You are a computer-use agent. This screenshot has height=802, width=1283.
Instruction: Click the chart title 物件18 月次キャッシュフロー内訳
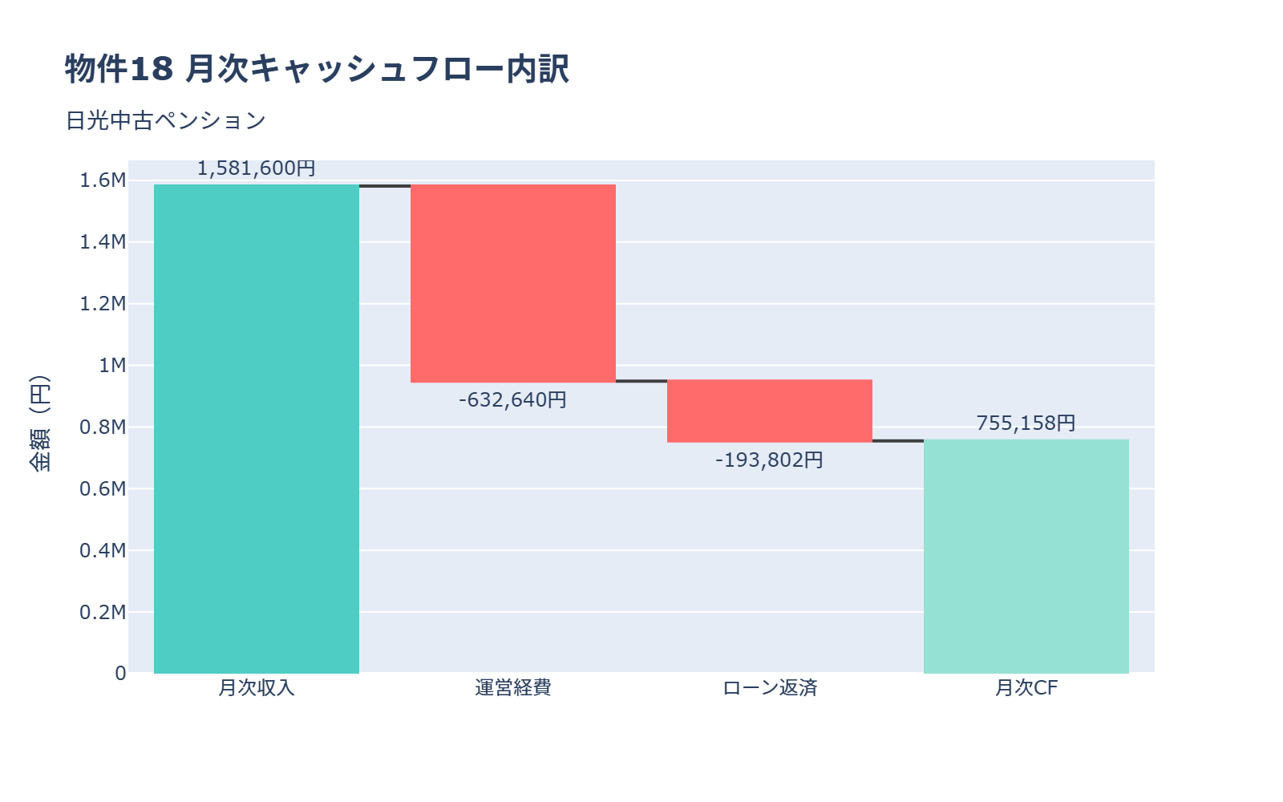(317, 69)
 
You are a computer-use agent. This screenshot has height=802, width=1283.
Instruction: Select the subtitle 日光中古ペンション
(165, 120)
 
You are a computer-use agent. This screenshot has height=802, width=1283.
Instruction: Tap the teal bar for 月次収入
(257, 429)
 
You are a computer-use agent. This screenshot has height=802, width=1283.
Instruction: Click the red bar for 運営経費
(513, 283)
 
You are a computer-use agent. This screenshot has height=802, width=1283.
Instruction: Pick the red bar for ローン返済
(770, 411)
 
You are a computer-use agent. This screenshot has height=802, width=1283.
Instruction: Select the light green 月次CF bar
(1026, 556)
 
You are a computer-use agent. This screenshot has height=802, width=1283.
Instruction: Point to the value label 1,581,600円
(257, 168)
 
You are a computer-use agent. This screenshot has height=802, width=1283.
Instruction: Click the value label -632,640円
(513, 399)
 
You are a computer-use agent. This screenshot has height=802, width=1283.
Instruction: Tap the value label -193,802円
(770, 460)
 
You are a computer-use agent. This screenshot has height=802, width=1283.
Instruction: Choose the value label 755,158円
(1026, 423)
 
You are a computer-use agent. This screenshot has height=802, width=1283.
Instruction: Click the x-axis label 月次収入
(257, 688)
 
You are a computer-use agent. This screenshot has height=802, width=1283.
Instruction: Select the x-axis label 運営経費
(513, 688)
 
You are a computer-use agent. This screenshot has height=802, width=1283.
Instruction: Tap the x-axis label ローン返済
(770, 688)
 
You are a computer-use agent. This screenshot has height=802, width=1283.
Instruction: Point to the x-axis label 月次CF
(1026, 688)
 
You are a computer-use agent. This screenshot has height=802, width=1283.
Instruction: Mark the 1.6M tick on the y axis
(103, 180)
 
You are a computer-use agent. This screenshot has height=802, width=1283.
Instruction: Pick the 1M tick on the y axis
(112, 366)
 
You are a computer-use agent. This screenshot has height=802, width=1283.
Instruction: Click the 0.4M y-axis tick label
(103, 550)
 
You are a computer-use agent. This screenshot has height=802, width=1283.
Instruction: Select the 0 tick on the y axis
(120, 674)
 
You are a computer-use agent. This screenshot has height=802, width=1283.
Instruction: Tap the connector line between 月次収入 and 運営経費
(385, 186)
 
